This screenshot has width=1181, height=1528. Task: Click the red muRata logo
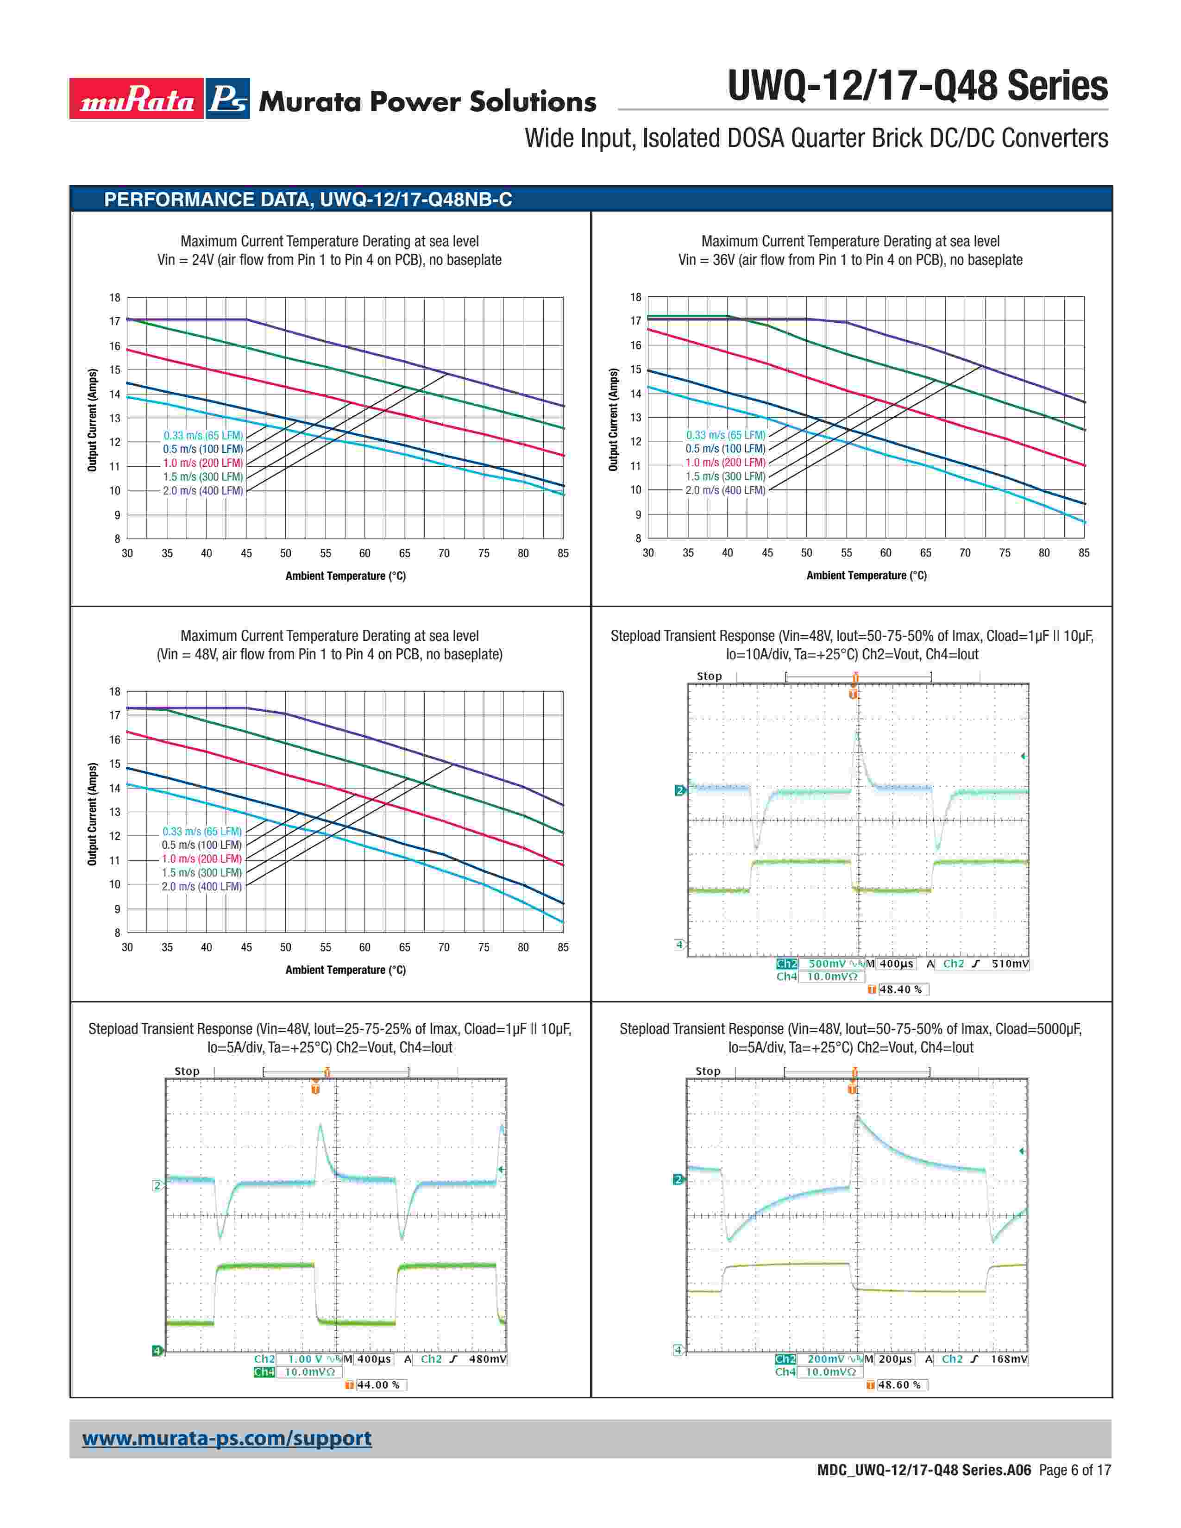pos(137,99)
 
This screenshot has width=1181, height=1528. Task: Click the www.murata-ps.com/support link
pos(226,1439)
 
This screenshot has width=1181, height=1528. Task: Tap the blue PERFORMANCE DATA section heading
pos(308,200)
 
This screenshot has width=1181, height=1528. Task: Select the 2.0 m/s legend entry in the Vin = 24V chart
pos(203,490)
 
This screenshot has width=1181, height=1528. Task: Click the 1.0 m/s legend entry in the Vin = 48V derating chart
pos(201,858)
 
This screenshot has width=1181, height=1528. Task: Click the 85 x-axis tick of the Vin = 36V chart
pos(1084,553)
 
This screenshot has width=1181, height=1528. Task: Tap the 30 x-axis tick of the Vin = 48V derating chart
pos(127,947)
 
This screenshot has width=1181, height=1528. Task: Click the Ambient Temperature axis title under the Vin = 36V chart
pos(866,575)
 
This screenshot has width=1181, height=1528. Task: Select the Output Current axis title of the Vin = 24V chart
pos(92,420)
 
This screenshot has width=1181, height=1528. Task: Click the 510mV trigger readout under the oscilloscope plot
pos(1010,964)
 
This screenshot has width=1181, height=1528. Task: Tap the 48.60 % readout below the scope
pos(899,1384)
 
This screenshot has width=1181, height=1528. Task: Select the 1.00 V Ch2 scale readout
pos(305,1359)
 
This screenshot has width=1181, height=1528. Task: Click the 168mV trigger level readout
pos(1009,1359)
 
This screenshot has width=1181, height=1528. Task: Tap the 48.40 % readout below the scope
pos(900,989)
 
